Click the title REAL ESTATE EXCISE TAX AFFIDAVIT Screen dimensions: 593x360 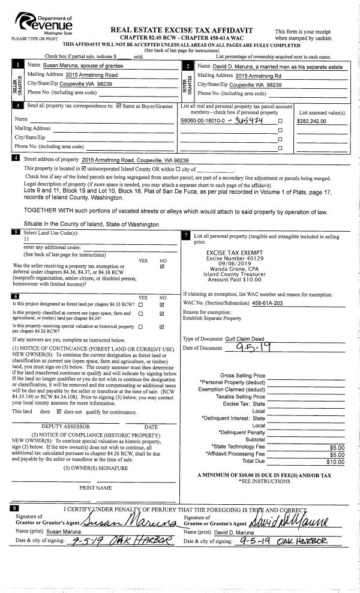pyautogui.click(x=182, y=31)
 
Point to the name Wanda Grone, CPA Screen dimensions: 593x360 pyautogui.click(x=230, y=269)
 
